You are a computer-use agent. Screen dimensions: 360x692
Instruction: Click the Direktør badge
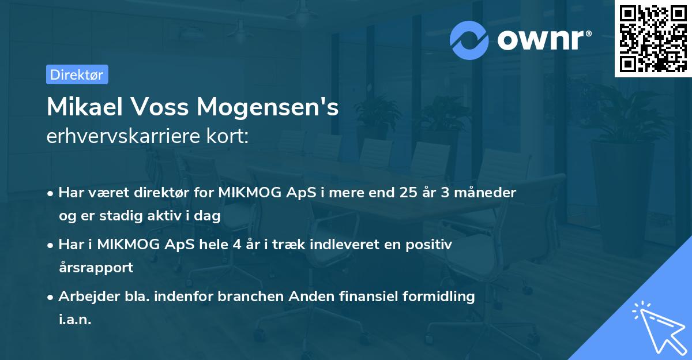click(x=77, y=74)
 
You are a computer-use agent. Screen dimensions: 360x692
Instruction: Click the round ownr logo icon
click(x=469, y=40)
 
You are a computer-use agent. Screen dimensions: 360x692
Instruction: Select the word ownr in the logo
click(x=543, y=40)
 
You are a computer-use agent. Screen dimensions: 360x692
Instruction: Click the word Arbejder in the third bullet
click(x=84, y=297)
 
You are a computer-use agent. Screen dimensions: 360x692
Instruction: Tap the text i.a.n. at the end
click(x=75, y=320)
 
